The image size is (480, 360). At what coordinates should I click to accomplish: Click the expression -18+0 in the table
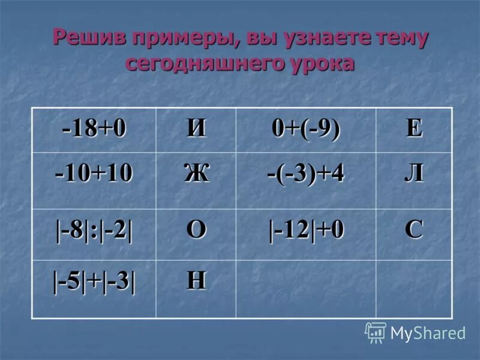click(95, 129)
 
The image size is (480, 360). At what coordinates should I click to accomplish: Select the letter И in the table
click(196, 129)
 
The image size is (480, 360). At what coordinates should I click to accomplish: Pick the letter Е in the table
click(414, 129)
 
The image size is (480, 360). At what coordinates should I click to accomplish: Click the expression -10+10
click(94, 174)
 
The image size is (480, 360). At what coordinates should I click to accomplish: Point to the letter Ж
click(196, 174)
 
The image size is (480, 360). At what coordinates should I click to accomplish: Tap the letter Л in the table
click(414, 174)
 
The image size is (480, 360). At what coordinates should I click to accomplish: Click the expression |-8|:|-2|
click(95, 231)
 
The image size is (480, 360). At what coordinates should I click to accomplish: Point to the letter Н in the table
click(196, 281)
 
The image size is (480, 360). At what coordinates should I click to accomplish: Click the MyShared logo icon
click(376, 332)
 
